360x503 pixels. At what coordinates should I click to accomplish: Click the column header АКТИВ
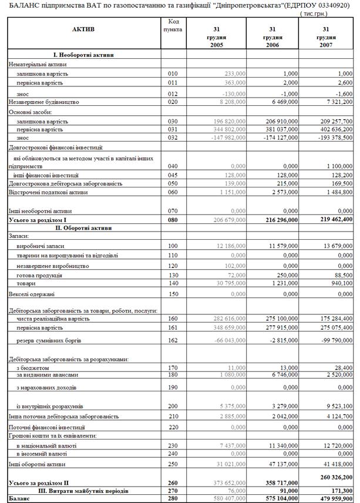[x=83, y=29]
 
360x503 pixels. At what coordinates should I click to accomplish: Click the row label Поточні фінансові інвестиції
[x=46, y=427]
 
